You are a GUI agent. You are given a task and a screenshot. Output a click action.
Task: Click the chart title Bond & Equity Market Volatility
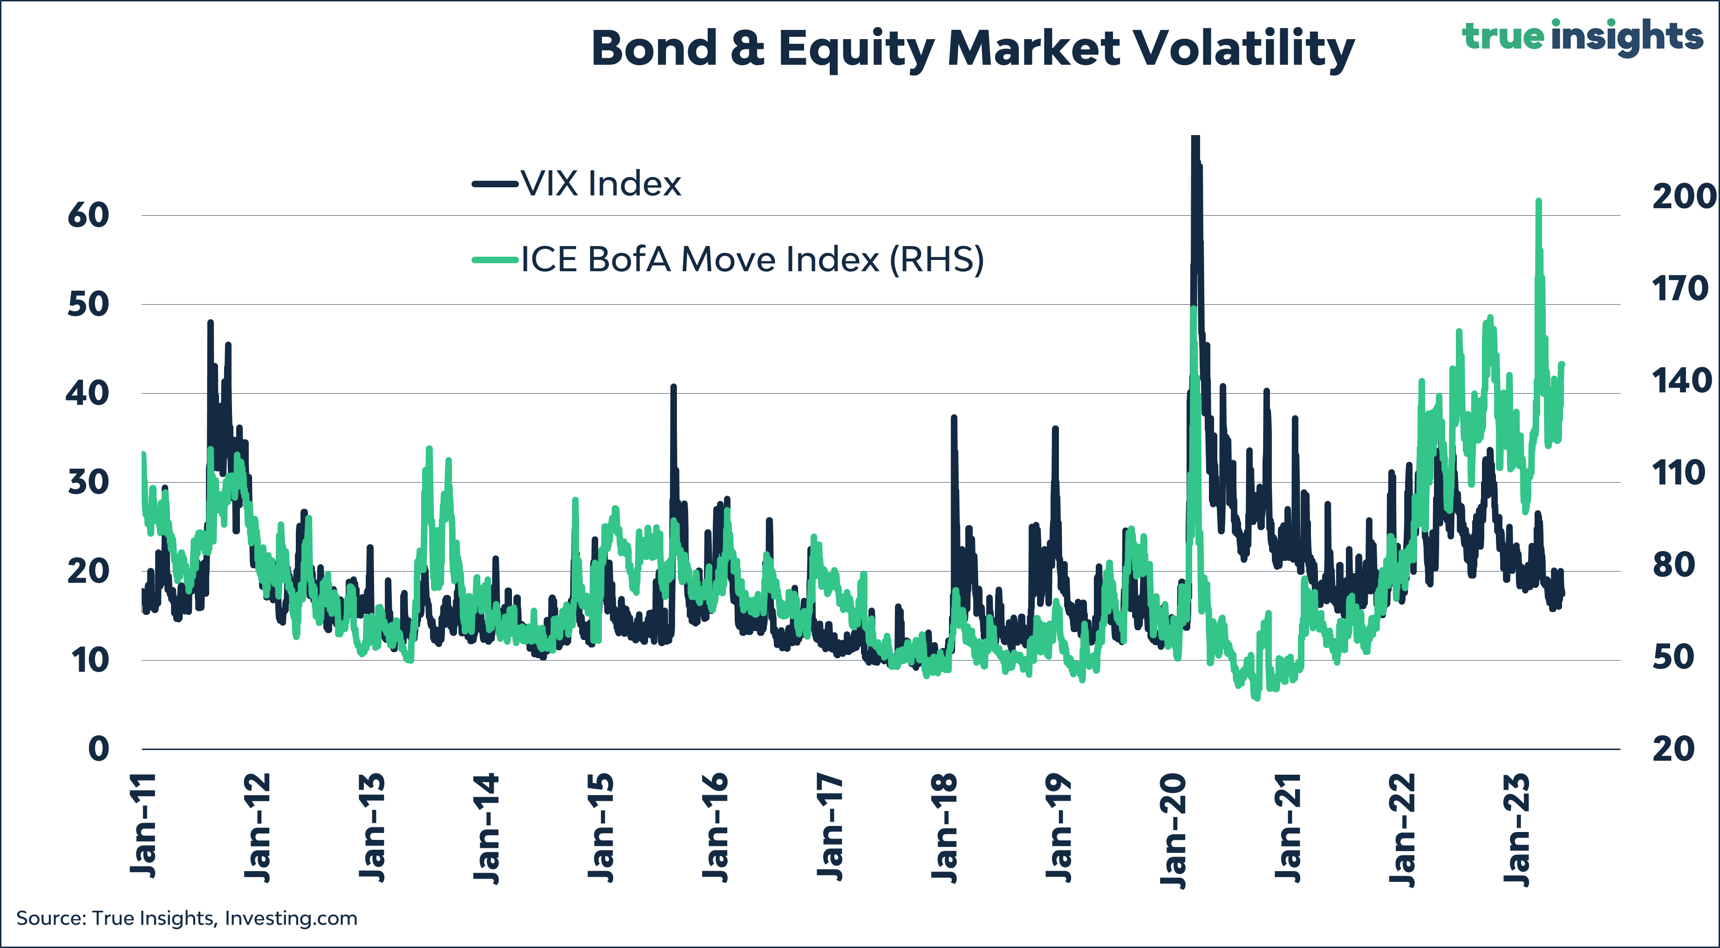pos(972,49)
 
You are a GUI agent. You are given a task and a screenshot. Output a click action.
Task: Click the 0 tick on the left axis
pos(98,749)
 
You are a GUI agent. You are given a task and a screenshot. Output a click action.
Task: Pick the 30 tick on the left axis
pos(88,482)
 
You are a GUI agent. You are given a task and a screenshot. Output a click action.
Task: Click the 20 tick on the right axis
pos(1673,749)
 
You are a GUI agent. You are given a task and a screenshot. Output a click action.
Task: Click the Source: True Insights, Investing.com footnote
pos(187,919)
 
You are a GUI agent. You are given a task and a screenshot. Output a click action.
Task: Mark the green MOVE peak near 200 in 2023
pos(1538,201)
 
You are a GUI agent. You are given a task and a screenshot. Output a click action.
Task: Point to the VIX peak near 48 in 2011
pos(210,322)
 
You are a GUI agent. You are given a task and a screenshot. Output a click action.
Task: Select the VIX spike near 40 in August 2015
pos(673,387)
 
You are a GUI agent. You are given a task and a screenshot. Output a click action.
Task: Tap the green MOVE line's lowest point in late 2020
pos(1256,698)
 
